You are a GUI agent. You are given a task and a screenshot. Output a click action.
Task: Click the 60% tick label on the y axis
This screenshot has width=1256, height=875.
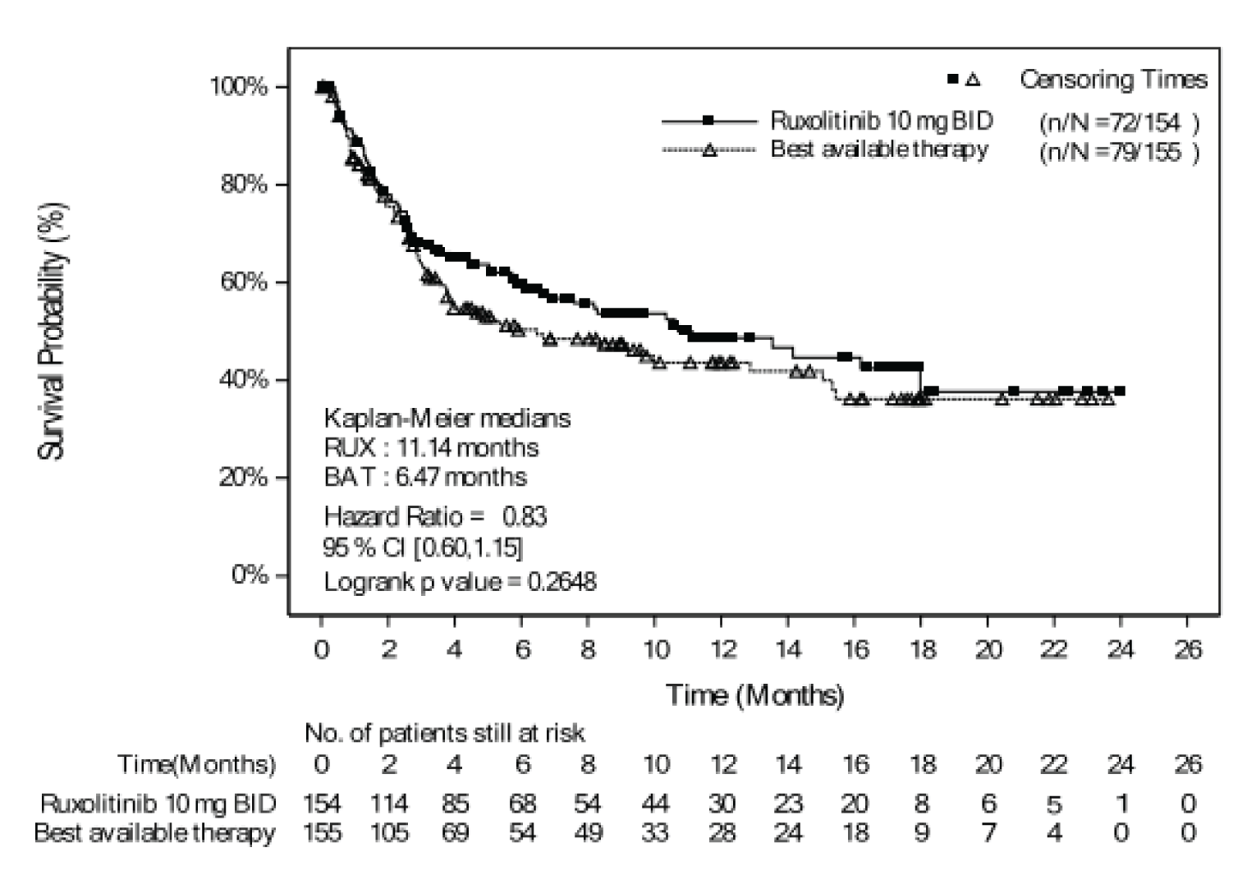(244, 282)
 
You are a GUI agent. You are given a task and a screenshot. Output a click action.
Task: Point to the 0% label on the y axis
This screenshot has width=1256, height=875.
(250, 574)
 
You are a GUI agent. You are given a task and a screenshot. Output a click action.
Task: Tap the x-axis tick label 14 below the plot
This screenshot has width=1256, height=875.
(788, 650)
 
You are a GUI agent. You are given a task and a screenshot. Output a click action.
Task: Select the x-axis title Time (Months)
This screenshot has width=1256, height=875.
(754, 695)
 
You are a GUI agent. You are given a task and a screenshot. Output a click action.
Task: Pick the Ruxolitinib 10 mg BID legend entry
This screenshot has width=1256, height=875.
(881, 121)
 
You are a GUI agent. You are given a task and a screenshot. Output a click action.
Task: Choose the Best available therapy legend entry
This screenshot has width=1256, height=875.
(878, 149)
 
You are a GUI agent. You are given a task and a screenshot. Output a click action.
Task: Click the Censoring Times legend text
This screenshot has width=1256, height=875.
(1113, 80)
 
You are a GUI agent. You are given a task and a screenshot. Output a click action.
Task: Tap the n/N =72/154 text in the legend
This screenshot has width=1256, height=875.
(1119, 122)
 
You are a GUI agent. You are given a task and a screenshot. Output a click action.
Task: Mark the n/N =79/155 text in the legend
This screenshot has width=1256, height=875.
(1119, 152)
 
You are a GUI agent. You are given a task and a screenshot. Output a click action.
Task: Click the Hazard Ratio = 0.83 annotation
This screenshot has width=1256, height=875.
(435, 516)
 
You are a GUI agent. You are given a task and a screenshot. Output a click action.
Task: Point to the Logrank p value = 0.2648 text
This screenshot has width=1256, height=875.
(460, 581)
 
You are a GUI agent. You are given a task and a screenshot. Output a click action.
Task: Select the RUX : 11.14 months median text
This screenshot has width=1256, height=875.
(431, 447)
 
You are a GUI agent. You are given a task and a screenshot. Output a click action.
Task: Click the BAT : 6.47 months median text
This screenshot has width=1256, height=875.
(425, 477)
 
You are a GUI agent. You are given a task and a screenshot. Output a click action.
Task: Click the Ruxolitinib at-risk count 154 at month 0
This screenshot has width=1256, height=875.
(322, 803)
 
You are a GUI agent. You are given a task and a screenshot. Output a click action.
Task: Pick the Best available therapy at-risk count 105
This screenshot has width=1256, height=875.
(388, 832)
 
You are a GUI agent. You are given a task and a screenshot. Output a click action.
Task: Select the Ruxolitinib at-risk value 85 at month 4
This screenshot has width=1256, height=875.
(454, 803)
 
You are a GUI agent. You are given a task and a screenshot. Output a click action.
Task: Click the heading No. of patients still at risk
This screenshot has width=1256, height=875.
(444, 732)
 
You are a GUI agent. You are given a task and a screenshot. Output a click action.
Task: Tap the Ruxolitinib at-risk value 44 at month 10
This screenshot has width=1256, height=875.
(655, 803)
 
